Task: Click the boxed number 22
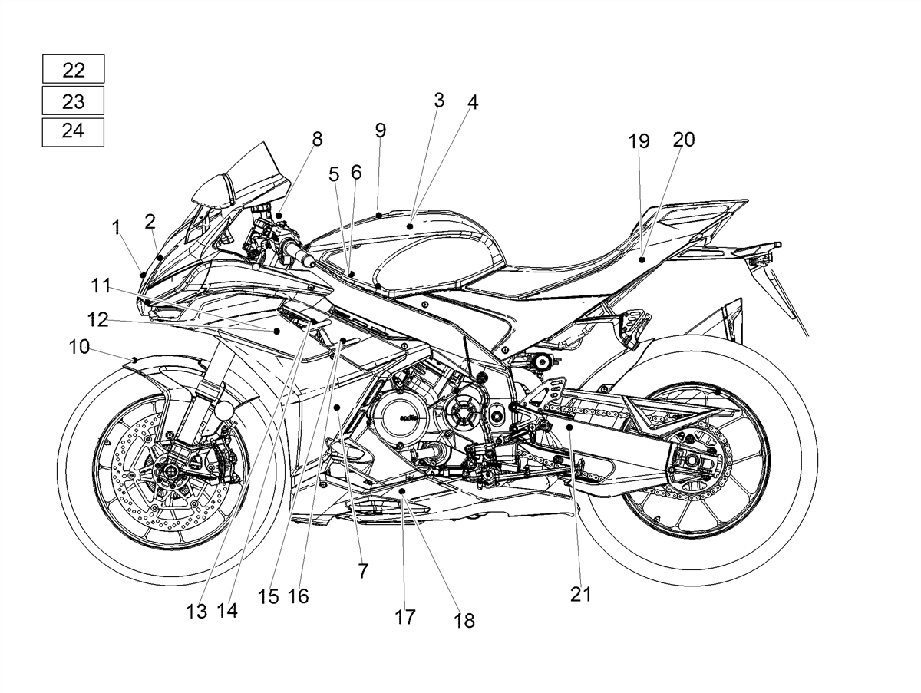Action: pos(74,70)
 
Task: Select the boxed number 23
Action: pos(74,101)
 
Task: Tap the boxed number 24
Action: pos(74,131)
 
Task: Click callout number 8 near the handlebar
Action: pos(317,139)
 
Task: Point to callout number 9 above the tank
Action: pos(380,130)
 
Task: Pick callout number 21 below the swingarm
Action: pos(581,594)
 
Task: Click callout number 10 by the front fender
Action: pos(79,347)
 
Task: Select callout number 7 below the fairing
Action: pos(363,570)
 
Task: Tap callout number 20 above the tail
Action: pos(684,140)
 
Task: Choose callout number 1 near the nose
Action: pos(116,227)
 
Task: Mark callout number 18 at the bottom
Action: pos(464,621)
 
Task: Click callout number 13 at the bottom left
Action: pos(196,612)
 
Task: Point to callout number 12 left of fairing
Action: pos(97,320)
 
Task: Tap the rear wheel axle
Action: pos(691,460)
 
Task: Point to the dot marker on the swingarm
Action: pos(569,427)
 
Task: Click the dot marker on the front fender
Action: pos(134,359)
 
